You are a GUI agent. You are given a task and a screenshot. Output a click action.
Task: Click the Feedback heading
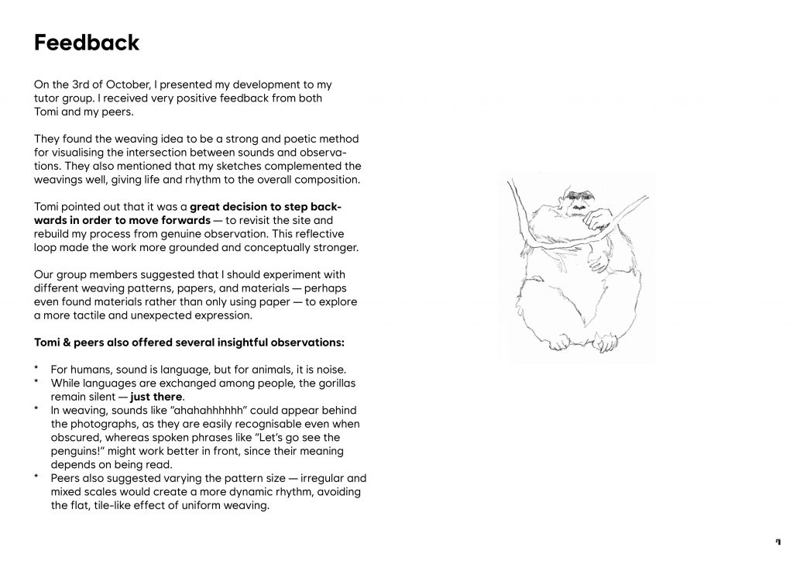tap(87, 43)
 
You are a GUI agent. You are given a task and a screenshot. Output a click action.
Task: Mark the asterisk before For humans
tap(36, 370)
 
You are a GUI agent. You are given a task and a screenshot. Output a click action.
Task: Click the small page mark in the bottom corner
tap(778, 540)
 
